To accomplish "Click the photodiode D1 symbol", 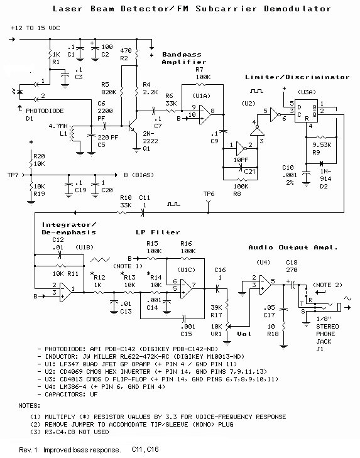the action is (19, 92).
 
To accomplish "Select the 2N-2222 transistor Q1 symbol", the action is (132, 126).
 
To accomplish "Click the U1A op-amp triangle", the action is (205, 114).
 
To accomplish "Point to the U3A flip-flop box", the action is (306, 111).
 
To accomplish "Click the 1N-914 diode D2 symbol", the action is (321, 163).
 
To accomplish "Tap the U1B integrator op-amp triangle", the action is (65, 292).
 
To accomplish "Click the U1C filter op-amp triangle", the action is (186, 288).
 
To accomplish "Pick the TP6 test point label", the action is (209, 194).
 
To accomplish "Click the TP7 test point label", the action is (13, 175).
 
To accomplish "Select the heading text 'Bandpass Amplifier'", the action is (184, 58).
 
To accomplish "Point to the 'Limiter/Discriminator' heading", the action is (297, 77).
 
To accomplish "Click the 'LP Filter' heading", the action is (158, 232).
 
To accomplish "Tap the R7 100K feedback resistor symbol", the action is (201, 85).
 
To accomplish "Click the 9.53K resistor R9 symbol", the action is (321, 137).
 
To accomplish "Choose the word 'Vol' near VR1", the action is (244, 334).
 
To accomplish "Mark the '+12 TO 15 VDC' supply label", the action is (35, 28).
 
